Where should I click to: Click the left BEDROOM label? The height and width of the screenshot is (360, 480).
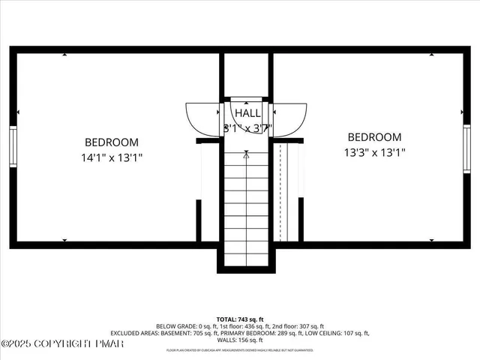[x=111, y=142]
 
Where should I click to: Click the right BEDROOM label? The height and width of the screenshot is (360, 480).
[x=374, y=137]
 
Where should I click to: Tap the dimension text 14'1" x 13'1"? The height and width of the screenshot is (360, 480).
[x=111, y=158]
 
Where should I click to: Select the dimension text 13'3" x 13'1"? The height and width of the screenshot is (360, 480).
[x=374, y=153]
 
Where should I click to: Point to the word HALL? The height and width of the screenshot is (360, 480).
[x=247, y=113]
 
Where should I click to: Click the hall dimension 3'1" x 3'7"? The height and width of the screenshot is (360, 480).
[x=247, y=128]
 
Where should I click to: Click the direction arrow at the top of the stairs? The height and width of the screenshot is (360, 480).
[x=247, y=156]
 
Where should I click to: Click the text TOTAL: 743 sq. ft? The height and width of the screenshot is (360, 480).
[x=239, y=319]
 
